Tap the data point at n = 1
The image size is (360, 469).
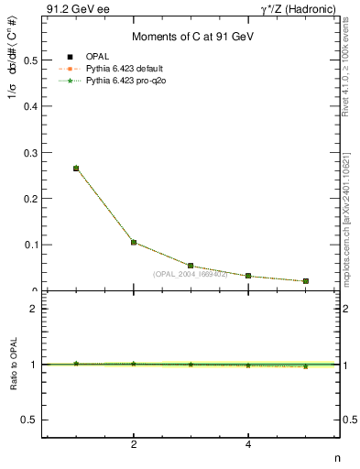tap(76, 169)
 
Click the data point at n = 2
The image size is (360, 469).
tap(134, 243)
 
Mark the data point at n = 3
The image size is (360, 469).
tap(191, 266)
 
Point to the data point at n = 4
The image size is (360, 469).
tap(248, 276)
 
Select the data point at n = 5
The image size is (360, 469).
tap(305, 281)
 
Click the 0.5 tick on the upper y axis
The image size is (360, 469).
tap(31, 60)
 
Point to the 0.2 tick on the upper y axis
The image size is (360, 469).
tap(31, 199)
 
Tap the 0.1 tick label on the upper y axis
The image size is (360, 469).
tap(31, 245)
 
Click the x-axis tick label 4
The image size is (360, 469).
tap(248, 445)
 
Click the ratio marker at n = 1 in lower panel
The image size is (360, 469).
tap(76, 364)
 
